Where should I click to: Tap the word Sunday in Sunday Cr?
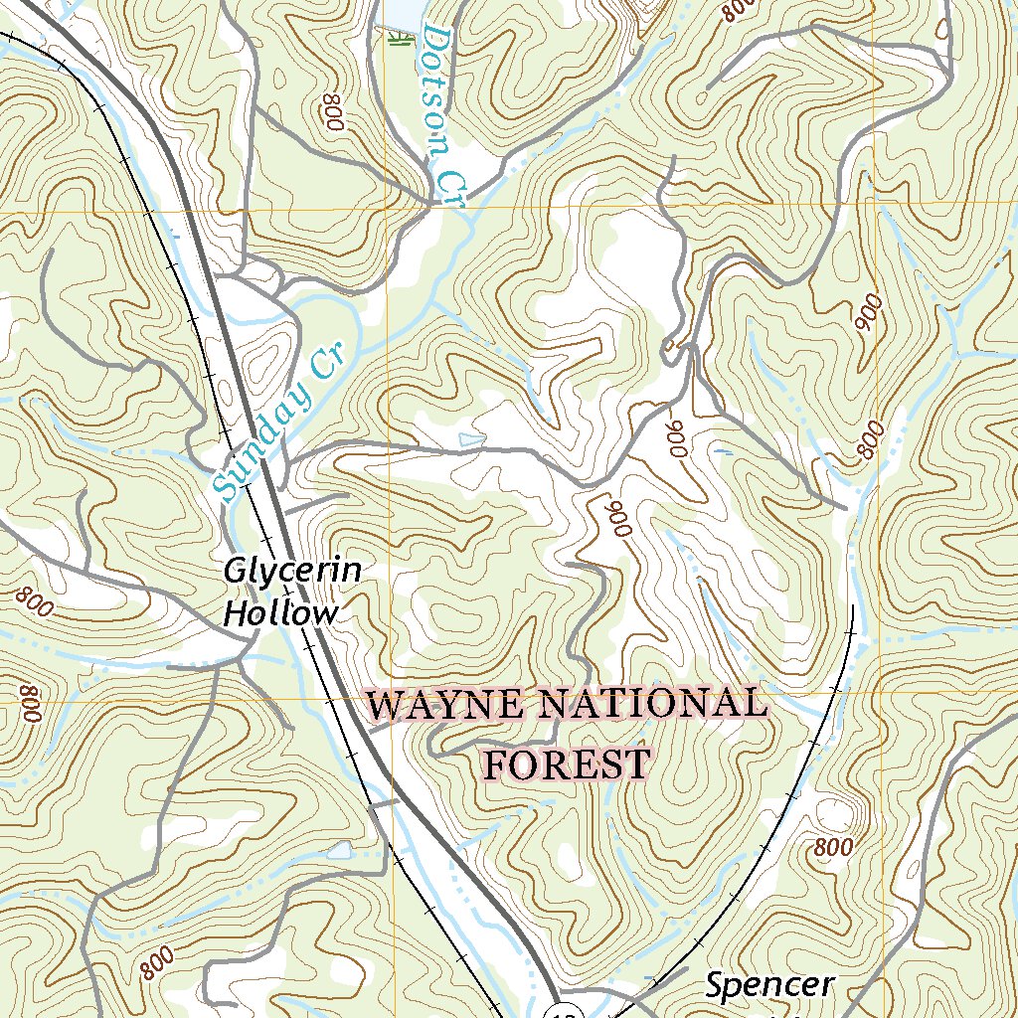pos(255,443)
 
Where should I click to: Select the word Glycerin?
pos(291,573)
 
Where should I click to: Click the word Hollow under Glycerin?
pos(279,613)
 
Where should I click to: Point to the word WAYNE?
pos(444,706)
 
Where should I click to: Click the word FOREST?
pos(567,764)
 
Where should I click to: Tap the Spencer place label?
pos(769,985)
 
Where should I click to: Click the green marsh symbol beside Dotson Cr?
pos(399,40)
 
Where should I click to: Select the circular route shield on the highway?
pos(565,1007)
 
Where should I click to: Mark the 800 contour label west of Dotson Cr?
pos(333,114)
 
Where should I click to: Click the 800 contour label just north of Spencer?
pos(832,848)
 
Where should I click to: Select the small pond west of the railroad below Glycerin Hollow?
pos(339,850)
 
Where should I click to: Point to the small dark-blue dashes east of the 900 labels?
pos(724,452)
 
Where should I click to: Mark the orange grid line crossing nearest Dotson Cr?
pos(386,211)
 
